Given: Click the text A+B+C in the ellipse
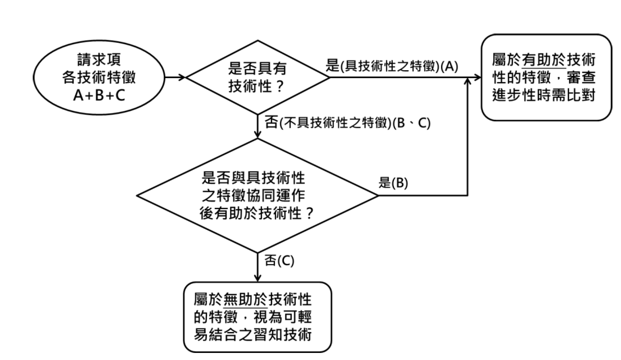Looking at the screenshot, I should click(99, 96).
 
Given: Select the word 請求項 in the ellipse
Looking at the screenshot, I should click(99, 60).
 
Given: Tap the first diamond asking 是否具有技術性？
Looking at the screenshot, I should click(257, 77).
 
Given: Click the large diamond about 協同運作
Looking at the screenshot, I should click(257, 195).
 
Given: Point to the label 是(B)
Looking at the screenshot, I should click(393, 183).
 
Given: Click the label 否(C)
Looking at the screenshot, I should click(279, 261).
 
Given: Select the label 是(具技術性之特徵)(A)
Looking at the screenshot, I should click(392, 66).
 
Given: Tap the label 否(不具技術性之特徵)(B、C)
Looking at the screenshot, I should click(347, 122).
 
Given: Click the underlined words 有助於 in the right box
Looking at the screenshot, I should click(544, 60).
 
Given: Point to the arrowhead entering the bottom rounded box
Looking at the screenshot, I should click(258, 278).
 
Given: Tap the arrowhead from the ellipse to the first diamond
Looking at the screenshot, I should click(182, 78).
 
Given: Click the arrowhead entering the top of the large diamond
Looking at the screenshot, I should click(258, 134).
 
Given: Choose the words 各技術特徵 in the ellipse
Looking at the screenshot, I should click(99, 77).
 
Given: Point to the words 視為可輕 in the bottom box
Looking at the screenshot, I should click(282, 318).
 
